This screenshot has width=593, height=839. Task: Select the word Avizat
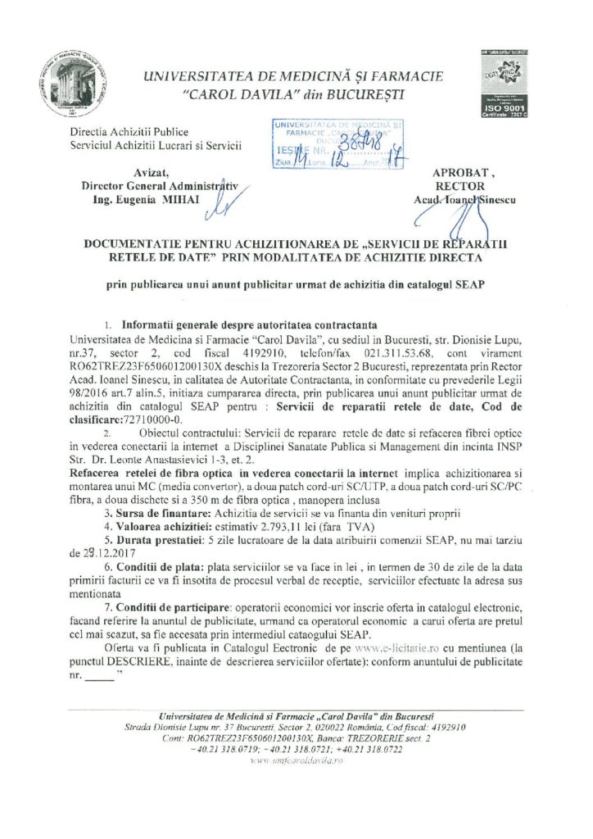(151, 171)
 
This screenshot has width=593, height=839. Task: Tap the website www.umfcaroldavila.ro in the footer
(296, 760)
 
